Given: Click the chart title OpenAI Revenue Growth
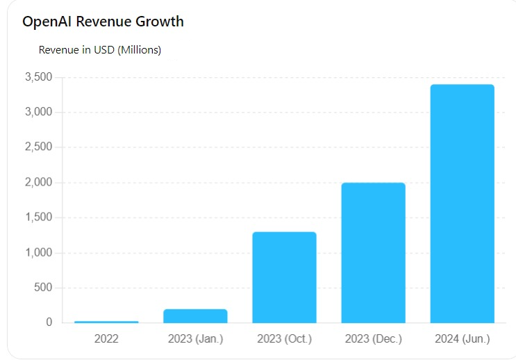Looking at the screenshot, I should click(103, 22).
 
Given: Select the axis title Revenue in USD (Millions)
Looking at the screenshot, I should click(100, 50).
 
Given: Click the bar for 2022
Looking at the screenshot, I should click(106, 322).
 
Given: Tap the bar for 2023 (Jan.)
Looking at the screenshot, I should click(195, 316).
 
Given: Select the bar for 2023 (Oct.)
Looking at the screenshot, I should click(284, 277).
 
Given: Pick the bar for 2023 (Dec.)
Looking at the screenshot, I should click(373, 253).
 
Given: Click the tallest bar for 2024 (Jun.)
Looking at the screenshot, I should click(462, 204).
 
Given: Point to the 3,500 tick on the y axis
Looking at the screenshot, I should click(38, 77).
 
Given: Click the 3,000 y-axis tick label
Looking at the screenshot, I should click(38, 113).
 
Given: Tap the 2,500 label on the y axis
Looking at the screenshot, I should click(38, 147).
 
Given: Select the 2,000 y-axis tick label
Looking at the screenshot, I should click(38, 183).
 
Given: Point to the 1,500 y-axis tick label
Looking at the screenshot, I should click(38, 218).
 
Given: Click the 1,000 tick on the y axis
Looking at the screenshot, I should click(38, 253).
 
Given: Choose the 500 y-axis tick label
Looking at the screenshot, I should click(43, 288).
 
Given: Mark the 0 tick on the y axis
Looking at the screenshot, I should click(49, 322).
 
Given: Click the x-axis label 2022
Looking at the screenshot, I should click(106, 339).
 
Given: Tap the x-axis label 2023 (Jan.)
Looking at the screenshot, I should click(195, 339).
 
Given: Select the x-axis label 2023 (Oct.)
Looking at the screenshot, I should click(284, 339).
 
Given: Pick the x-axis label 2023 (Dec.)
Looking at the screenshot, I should click(373, 339).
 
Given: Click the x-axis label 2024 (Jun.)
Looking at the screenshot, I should click(462, 339).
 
